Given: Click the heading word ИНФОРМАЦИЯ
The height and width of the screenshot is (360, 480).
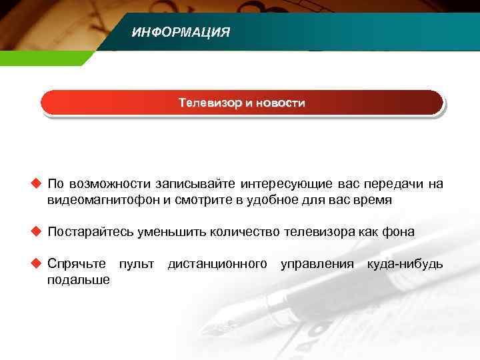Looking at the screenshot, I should click(181, 32).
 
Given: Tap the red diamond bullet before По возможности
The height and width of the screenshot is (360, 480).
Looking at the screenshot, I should click(36, 184).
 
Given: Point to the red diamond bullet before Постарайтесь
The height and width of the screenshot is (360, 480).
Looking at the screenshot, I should click(36, 232).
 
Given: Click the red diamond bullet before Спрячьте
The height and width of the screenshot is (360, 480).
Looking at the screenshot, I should click(36, 264).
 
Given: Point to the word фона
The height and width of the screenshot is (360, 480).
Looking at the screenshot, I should click(397, 232).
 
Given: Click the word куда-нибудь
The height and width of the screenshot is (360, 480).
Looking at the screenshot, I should click(405, 264).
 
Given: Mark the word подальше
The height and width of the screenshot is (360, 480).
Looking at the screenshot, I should click(79, 280).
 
